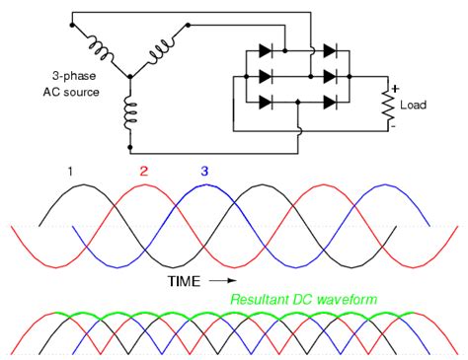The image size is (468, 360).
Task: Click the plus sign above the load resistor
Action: [x=393, y=85]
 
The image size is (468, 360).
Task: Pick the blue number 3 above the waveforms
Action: [x=203, y=172]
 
